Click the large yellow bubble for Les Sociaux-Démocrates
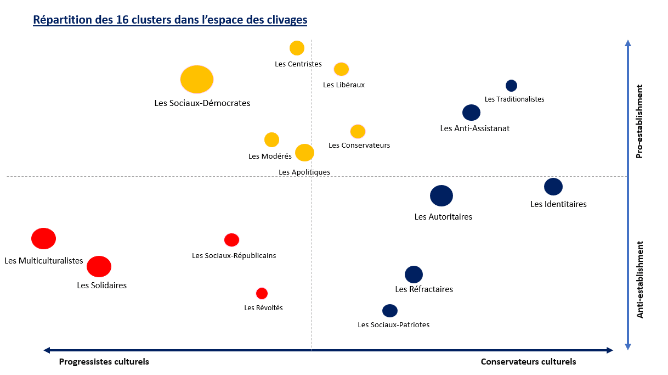197,80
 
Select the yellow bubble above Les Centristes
297,48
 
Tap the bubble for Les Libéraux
341,69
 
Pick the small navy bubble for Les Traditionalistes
511,86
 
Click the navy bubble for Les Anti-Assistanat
471,113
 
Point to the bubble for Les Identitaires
553,187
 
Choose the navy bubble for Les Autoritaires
441,195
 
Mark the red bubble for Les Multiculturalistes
43,239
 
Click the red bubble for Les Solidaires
99,266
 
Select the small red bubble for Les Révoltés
262,294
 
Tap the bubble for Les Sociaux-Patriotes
389,311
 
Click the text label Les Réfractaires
424,289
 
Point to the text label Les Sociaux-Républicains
234,255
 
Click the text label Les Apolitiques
304,172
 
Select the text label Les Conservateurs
359,145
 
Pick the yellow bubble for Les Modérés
271,140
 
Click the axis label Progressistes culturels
104,362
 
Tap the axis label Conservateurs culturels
528,362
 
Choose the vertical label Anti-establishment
639,279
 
